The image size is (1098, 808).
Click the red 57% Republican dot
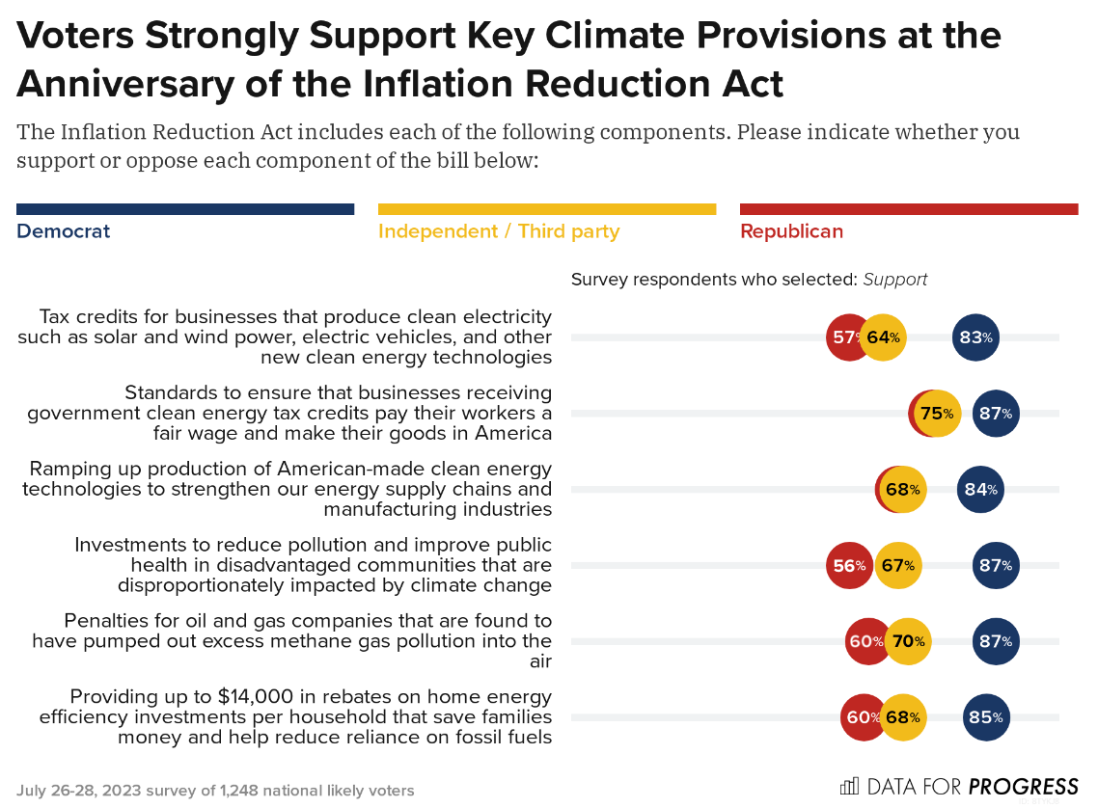(x=845, y=337)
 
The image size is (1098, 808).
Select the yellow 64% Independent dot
(x=883, y=337)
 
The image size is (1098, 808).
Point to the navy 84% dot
(x=980, y=490)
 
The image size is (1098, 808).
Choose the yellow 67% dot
(x=898, y=566)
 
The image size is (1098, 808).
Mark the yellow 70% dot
(x=908, y=641)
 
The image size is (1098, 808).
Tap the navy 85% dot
(x=986, y=717)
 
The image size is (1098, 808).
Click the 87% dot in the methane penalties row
(x=996, y=641)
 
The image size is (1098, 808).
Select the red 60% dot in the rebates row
(x=862, y=717)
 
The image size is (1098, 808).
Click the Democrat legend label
(x=64, y=231)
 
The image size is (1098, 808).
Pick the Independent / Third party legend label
(x=499, y=231)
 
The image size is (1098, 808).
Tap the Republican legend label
(x=791, y=231)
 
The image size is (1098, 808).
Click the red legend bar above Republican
(x=909, y=209)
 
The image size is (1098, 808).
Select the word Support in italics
(x=895, y=280)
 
